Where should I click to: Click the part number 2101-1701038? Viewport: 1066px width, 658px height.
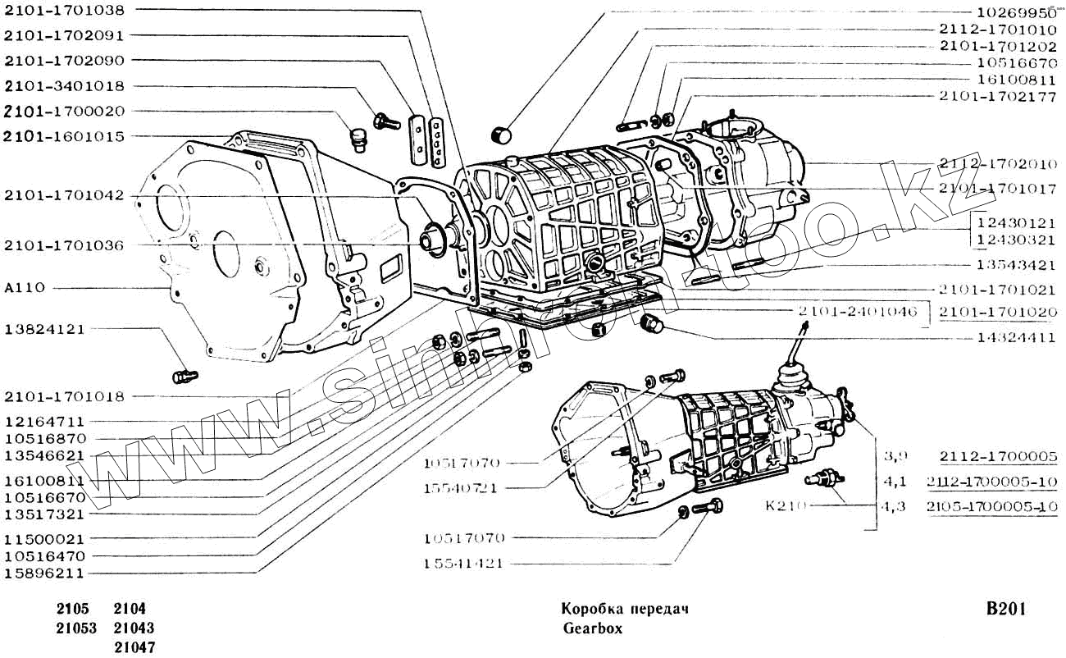pos(75,11)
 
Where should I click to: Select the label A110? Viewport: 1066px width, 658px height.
pos(24,288)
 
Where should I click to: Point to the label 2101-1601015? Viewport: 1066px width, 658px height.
pos(75,136)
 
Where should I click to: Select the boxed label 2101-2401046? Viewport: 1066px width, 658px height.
pos(857,312)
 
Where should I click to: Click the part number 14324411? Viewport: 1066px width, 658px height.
pos(1016,337)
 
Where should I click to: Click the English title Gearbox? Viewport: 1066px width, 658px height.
pos(593,629)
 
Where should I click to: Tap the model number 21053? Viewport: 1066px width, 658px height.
pos(76,628)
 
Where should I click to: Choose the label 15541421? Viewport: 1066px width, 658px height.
pos(464,564)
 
